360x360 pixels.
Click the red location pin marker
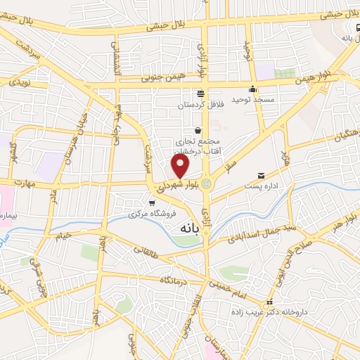[181, 166]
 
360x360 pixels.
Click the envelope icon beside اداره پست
[262, 175]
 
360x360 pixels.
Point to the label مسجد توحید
[255, 101]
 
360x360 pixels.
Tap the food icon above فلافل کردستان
[201, 93]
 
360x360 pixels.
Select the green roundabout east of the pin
[206, 185]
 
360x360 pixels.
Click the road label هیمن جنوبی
[161, 77]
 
